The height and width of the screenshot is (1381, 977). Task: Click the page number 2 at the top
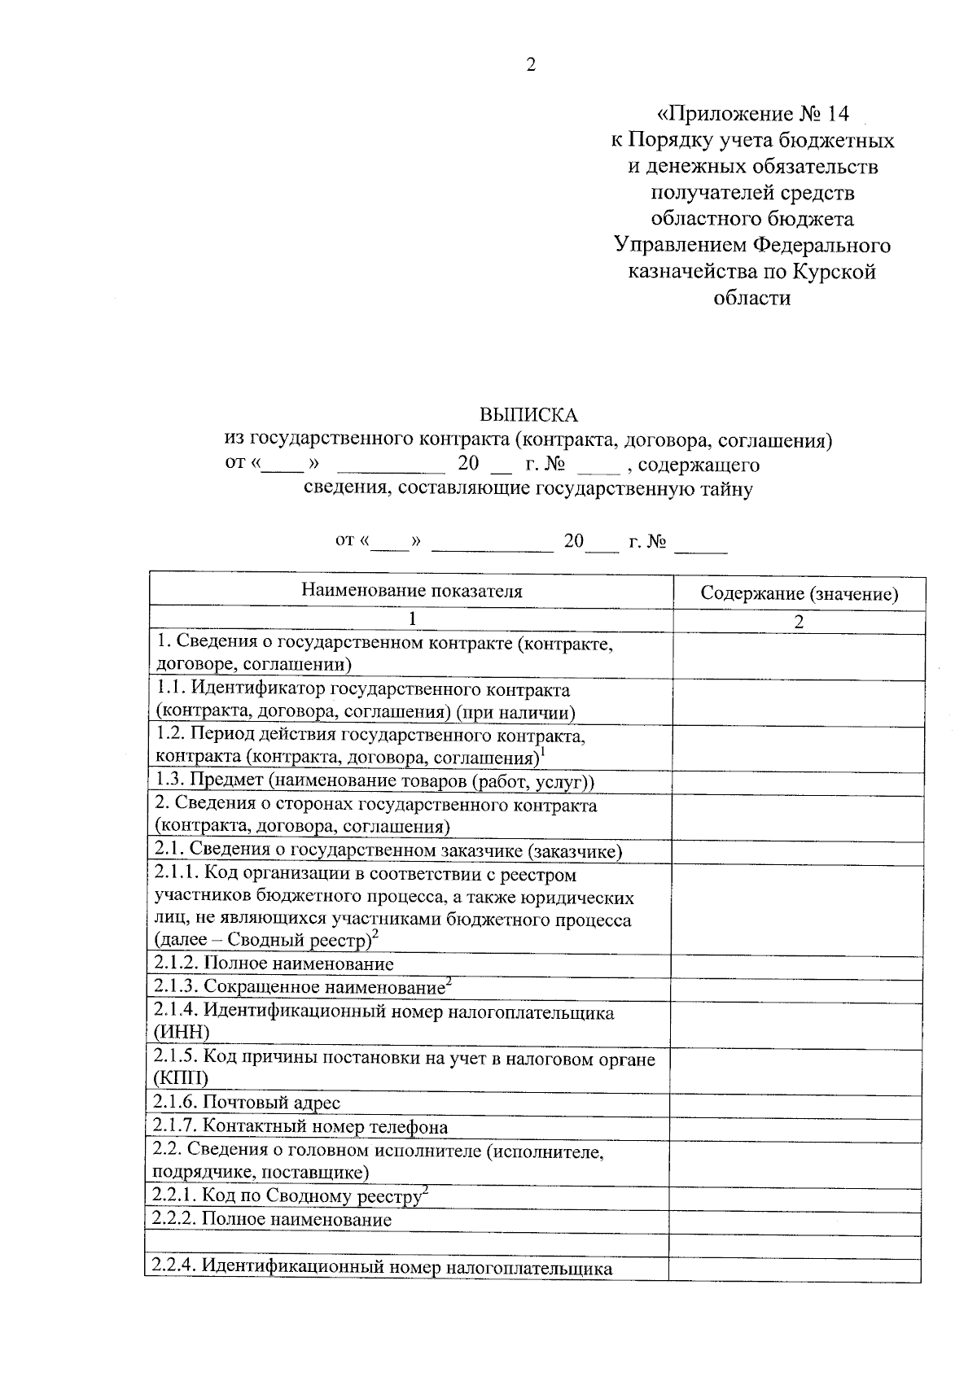tap(531, 66)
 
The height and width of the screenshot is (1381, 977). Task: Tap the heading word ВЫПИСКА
tap(528, 415)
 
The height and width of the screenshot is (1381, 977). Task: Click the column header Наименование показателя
tap(411, 591)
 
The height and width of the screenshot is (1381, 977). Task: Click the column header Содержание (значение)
tap(799, 594)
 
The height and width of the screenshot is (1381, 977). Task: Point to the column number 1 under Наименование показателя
tap(412, 618)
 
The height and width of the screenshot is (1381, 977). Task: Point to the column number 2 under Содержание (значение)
tap(799, 621)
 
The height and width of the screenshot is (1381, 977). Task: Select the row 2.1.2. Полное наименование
tap(274, 964)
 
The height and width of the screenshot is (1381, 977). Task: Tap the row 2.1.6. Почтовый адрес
tap(248, 1103)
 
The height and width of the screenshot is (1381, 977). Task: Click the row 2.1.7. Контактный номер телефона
tap(300, 1127)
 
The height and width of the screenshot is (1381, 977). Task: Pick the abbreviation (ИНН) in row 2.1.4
tap(181, 1033)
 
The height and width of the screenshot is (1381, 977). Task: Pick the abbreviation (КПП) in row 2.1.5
tap(180, 1079)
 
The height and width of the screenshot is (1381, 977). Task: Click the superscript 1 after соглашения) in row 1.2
tap(543, 752)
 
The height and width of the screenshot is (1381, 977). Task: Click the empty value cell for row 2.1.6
tap(795, 1103)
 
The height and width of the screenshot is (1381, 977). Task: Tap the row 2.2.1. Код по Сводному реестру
tap(289, 1196)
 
